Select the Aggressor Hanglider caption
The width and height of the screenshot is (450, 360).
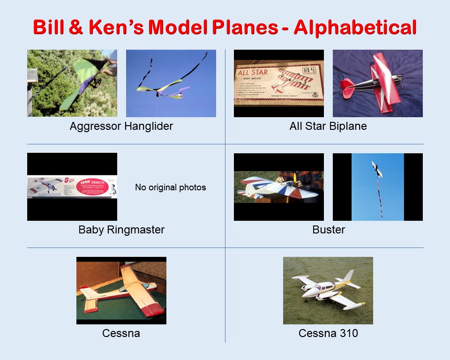(121, 126)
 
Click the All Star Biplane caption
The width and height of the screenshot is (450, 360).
(328, 126)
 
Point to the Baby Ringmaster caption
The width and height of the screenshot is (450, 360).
(121, 230)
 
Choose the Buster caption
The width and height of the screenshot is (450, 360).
(328, 230)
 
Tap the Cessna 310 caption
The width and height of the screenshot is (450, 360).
(328, 333)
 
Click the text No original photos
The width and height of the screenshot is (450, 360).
(171, 187)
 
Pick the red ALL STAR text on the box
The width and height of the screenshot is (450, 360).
(253, 73)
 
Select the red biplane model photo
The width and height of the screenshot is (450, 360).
(377, 83)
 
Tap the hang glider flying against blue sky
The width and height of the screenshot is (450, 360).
(171, 83)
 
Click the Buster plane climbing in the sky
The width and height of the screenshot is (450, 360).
(376, 169)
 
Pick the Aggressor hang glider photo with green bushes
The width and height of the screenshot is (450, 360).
(72, 83)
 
